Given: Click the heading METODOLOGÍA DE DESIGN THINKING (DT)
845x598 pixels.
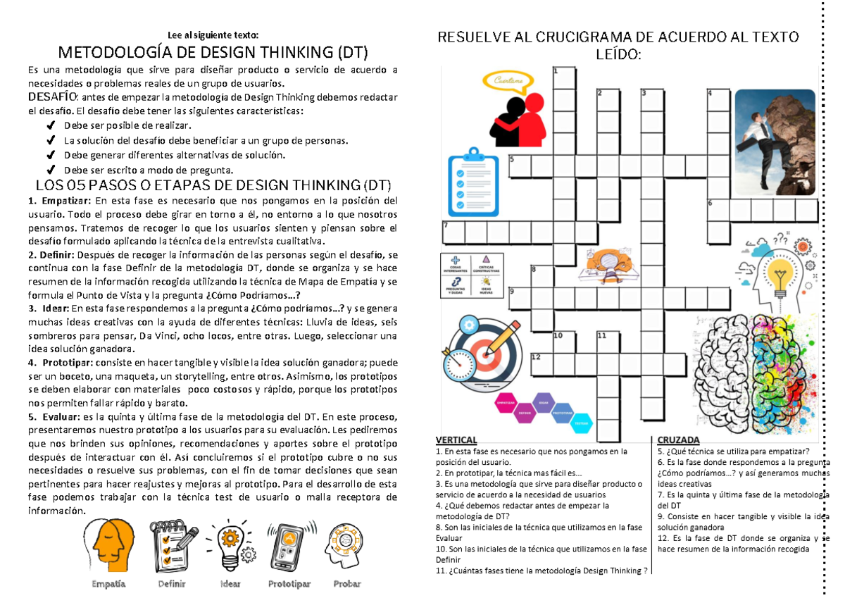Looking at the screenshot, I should pos(212,53).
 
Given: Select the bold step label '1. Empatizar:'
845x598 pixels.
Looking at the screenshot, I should pos(54,200).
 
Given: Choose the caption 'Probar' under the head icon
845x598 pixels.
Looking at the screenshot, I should pos(346,583).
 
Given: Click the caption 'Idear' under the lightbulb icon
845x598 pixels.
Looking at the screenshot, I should pos(230,583).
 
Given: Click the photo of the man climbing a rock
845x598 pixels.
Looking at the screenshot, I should pos(775,141).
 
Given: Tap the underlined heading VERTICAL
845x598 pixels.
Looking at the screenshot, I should pos(456,440).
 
